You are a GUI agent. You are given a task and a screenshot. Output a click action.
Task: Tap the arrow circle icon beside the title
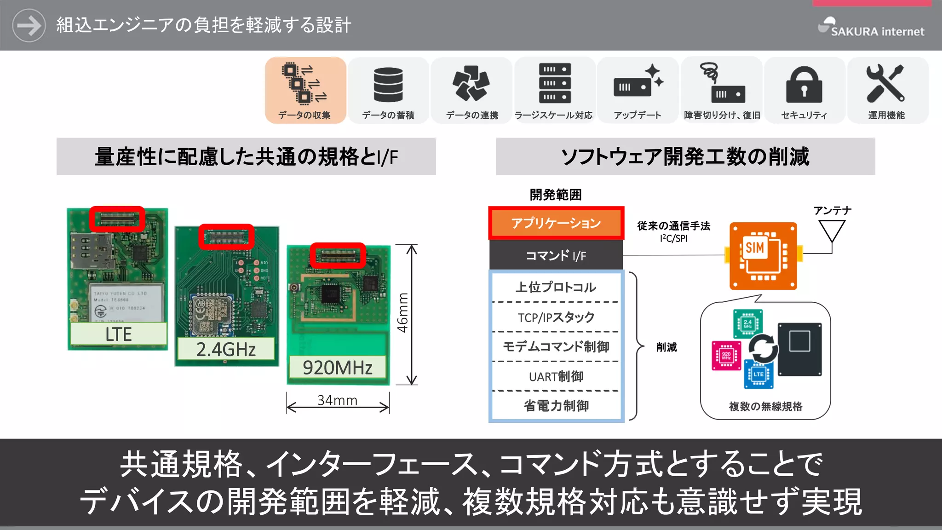(x=29, y=25)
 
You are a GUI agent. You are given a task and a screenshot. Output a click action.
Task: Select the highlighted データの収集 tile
(x=305, y=90)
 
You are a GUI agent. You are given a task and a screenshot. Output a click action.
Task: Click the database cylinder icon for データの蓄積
(x=388, y=84)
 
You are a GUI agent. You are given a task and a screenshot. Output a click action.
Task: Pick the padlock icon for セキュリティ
(x=804, y=85)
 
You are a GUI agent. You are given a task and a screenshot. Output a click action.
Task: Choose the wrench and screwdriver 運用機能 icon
(x=885, y=83)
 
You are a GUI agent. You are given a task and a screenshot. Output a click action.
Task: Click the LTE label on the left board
(x=119, y=334)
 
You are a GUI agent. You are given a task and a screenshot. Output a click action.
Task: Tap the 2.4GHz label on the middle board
(x=226, y=350)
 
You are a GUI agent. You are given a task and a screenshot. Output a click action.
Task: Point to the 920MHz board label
(x=338, y=368)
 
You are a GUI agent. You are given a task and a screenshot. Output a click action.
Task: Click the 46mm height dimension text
(x=403, y=313)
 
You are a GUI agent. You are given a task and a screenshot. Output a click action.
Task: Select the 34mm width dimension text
(x=337, y=400)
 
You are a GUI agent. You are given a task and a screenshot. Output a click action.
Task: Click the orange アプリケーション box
(x=556, y=223)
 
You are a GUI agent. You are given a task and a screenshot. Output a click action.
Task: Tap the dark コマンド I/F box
(x=556, y=255)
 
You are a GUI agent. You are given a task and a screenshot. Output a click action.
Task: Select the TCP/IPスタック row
(x=556, y=317)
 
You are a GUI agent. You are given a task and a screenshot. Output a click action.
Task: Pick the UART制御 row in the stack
(x=556, y=377)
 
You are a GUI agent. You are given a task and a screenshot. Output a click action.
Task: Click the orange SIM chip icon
(x=763, y=256)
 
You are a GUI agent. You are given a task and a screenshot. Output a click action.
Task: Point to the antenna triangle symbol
(x=832, y=230)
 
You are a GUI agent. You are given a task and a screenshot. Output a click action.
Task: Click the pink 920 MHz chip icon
(x=726, y=356)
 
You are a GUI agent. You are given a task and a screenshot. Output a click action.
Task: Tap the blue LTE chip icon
(x=758, y=374)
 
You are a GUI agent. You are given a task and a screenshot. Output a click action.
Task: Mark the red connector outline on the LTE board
(x=117, y=219)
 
